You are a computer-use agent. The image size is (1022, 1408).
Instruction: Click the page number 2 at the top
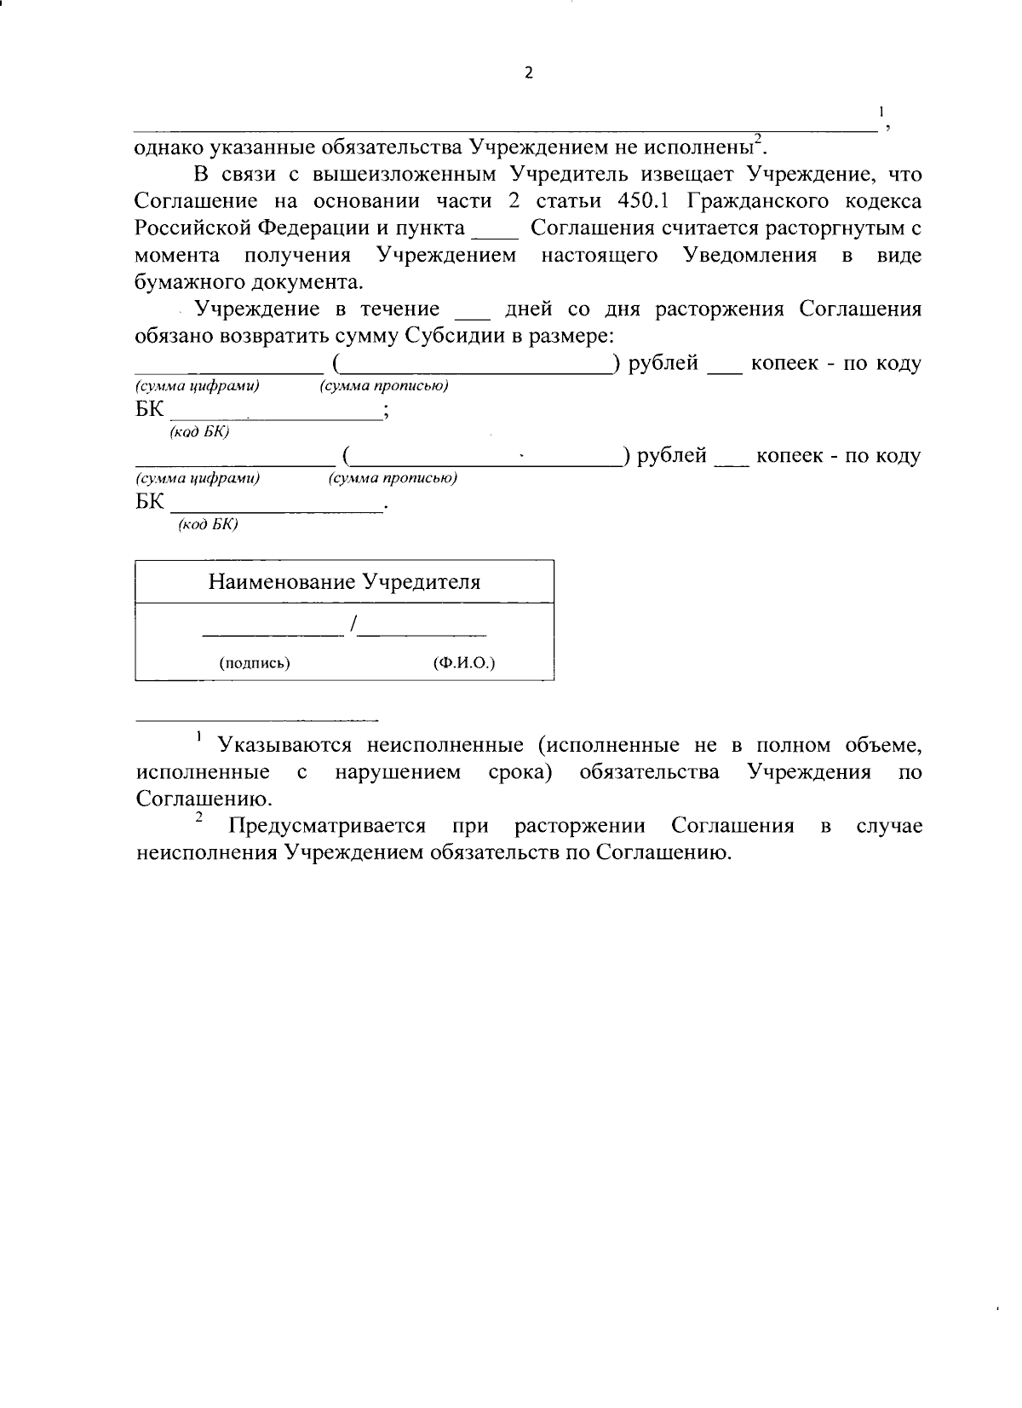(x=528, y=74)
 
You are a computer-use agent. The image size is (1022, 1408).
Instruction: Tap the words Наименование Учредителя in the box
(x=344, y=582)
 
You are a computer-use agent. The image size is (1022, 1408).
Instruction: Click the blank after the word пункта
(x=494, y=230)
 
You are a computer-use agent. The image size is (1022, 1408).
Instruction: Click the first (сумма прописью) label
(x=384, y=386)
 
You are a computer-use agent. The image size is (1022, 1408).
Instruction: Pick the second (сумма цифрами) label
(x=198, y=478)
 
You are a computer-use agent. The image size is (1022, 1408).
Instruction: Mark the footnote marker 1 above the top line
(x=881, y=112)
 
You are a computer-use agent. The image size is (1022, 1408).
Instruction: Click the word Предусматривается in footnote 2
(x=326, y=826)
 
